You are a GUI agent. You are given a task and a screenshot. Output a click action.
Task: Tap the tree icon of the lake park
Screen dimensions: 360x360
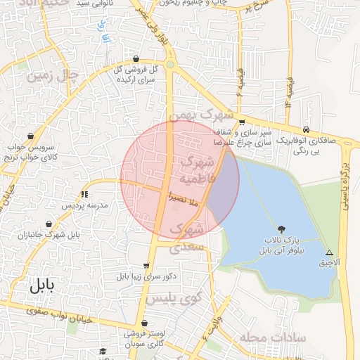point(282,229)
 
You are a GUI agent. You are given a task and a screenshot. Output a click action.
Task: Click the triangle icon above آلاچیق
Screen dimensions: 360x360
point(328,252)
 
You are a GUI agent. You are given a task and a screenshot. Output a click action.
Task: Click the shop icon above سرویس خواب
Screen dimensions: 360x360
point(30,136)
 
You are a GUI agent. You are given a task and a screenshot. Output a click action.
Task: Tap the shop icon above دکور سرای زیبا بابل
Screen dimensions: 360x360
point(146,266)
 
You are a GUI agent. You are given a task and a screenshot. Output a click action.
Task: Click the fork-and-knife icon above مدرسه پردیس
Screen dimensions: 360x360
point(84,194)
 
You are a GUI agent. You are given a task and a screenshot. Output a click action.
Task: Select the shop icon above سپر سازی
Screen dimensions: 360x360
point(243,122)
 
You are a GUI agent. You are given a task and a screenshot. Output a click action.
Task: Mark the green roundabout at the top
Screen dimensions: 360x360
point(169,65)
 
